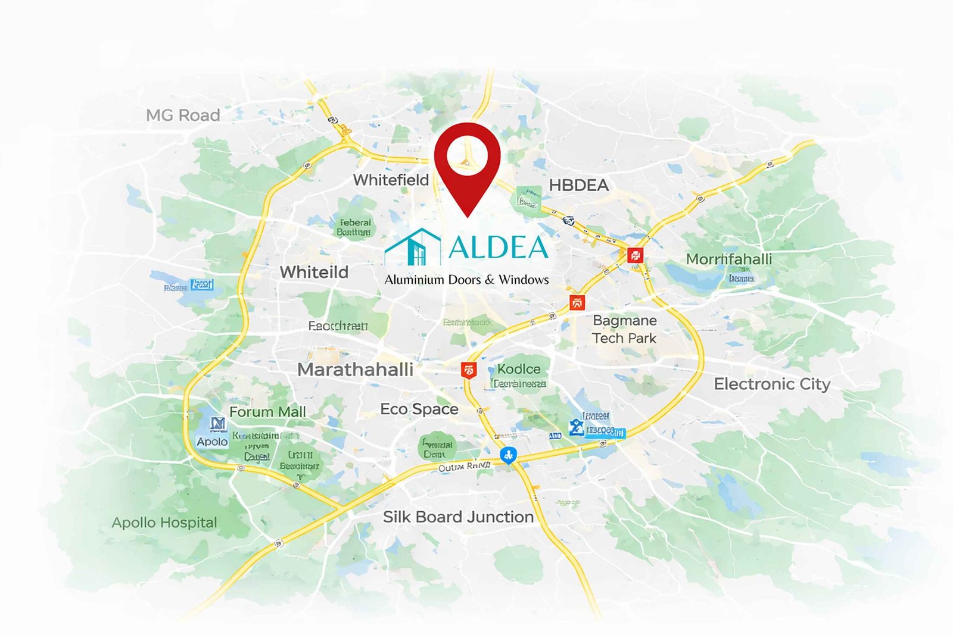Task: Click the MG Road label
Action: click(x=183, y=115)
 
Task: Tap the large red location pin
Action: click(x=467, y=161)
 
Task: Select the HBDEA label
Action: click(x=578, y=185)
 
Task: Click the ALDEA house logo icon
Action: click(x=413, y=246)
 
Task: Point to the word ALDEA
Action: click(x=498, y=247)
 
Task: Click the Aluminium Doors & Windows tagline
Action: click(x=466, y=280)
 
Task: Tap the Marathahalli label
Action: click(x=355, y=370)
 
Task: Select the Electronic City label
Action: click(x=772, y=384)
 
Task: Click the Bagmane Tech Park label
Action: click(x=624, y=329)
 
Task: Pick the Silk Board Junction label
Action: click(x=458, y=517)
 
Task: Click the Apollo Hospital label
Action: click(x=164, y=523)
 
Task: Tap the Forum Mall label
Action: click(x=267, y=412)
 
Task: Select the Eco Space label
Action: click(x=419, y=409)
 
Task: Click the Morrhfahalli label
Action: click(x=728, y=259)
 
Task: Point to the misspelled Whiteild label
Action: click(x=314, y=272)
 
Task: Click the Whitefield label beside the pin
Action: click(x=391, y=180)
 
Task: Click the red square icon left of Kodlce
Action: click(x=469, y=370)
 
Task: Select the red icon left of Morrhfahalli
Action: click(x=636, y=256)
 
